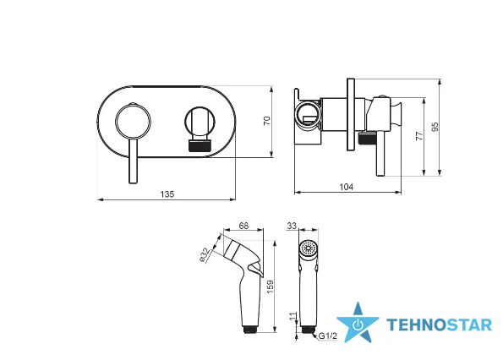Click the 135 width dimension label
pyautogui.click(x=167, y=194)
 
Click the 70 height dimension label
pyautogui.click(x=267, y=121)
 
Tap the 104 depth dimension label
pyautogui.click(x=347, y=187)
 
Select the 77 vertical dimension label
pyautogui.click(x=419, y=135)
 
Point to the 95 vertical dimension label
pyautogui.click(x=435, y=127)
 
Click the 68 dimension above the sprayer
pyautogui.click(x=243, y=226)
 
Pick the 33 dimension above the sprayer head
pyautogui.click(x=292, y=226)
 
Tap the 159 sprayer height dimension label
pyautogui.click(x=271, y=286)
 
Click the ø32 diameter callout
pyautogui.click(x=205, y=255)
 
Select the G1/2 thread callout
pyautogui.click(x=328, y=336)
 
